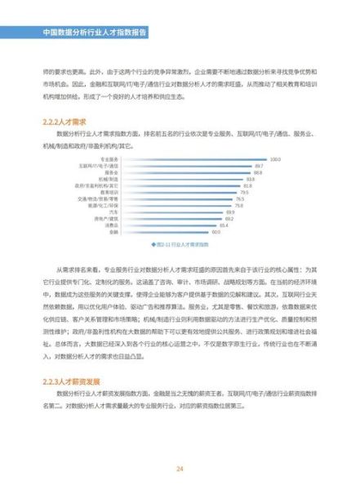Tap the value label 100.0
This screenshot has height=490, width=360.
point(275,158)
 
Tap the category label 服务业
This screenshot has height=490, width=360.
point(112,171)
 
